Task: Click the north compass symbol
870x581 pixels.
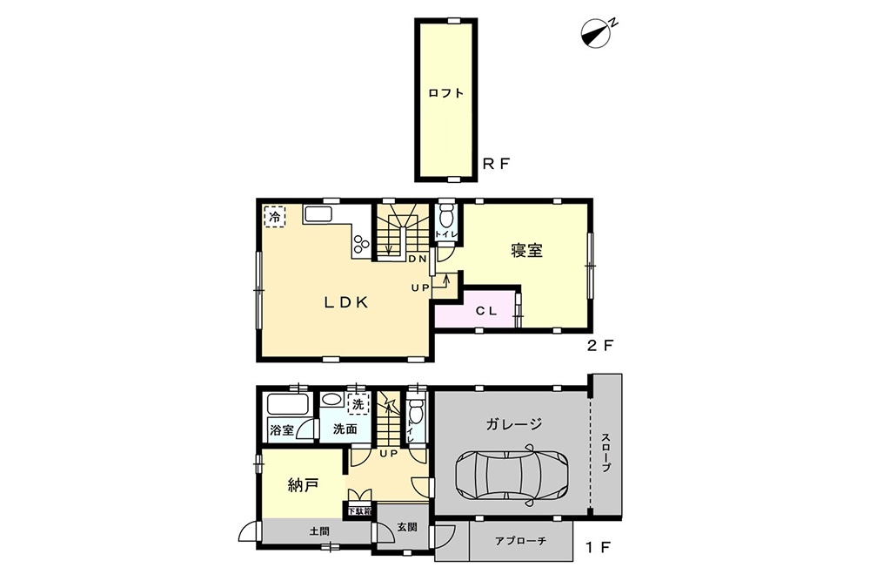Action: [597, 33]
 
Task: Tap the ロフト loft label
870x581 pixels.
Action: [446, 93]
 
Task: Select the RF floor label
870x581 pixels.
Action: [496, 164]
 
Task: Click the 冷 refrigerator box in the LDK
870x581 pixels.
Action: [274, 216]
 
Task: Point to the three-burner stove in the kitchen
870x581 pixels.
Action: [361, 243]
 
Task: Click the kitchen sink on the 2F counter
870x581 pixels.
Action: [318, 215]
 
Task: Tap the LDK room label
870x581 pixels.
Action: [346, 302]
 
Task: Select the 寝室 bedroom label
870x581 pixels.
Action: [526, 251]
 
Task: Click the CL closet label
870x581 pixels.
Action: [486, 311]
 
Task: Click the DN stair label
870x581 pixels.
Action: [418, 259]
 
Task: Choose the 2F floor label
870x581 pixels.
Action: [599, 346]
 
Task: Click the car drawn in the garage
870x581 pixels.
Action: [511, 475]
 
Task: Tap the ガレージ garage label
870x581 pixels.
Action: [514, 424]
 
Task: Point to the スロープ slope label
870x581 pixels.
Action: [606, 452]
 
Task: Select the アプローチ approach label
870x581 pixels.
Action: [520, 540]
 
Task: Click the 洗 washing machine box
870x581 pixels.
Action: [358, 404]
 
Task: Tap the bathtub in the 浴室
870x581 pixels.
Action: [287, 404]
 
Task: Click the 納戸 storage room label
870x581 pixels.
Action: [304, 485]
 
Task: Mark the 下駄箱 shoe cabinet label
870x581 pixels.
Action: [360, 510]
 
